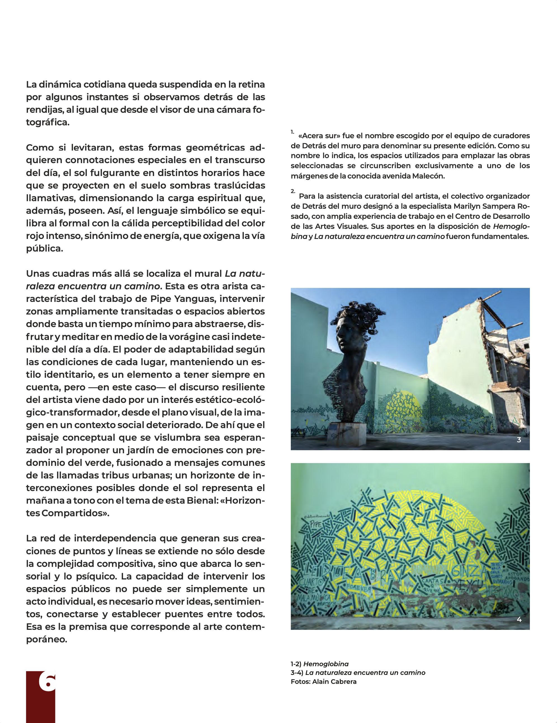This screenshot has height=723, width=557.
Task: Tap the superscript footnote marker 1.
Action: (292, 132)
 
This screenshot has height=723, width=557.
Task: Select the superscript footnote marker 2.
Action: (293, 191)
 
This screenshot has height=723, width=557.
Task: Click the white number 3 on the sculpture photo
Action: (519, 440)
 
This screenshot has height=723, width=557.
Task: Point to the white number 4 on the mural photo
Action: (519, 619)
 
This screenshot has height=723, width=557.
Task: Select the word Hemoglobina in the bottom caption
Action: (326, 664)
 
